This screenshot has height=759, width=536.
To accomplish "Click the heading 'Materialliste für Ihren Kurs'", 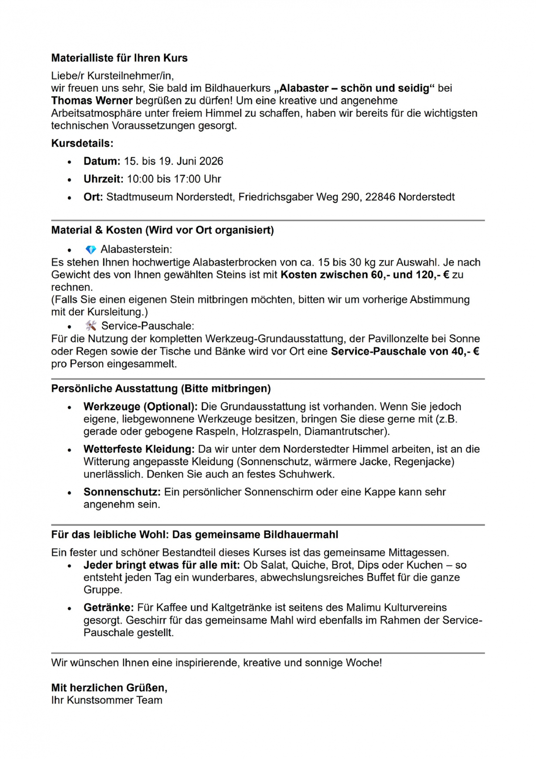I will pos(119,58).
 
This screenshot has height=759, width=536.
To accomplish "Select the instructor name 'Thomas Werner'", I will pos(92,101).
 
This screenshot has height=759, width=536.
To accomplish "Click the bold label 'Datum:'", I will pos(102,161).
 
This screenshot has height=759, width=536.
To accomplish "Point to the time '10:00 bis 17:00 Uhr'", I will pos(174,179).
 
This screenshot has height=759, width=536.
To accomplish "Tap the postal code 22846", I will pos(380,197).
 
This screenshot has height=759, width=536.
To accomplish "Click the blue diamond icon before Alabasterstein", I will pos(91,249).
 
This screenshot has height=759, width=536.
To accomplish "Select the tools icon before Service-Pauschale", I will pos(91,326).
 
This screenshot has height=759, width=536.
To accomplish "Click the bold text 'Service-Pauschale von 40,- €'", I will pos(405,351).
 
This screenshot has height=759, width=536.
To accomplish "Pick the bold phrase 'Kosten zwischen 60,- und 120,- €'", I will pos(365,275).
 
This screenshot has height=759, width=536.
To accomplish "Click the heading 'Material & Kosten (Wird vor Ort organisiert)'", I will pos(162,230).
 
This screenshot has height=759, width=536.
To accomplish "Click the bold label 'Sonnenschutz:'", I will pos(122,492).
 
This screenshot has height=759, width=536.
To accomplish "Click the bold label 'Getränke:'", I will pos(109,608).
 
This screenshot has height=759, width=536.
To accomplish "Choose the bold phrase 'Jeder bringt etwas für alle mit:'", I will pos(162,565).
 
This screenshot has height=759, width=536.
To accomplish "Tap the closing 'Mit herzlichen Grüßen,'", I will pos(109,688).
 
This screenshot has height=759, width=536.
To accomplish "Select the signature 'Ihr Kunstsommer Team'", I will pos(106,700).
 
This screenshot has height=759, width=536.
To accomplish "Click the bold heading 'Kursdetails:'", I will pos(82,143).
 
